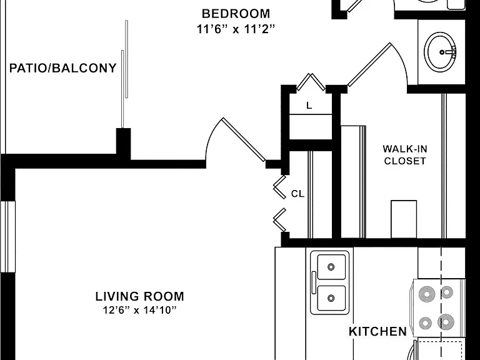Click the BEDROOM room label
[236, 14]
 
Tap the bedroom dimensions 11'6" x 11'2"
[236, 29]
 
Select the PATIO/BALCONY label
[63, 68]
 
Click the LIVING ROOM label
[139, 296]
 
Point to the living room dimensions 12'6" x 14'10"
[140, 310]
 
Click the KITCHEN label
[377, 331]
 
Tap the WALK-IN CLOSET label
[405, 155]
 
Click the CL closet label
[297, 194]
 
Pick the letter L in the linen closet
[309, 106]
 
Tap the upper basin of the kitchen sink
[331, 267]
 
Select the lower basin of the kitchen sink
[331, 298]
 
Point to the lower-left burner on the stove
[426, 322]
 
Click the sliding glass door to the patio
[124, 74]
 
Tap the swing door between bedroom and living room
[244, 139]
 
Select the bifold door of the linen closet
[311, 82]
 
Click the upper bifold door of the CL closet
[279, 187]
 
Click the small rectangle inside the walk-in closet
[404, 219]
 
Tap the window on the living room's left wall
[7, 237]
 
